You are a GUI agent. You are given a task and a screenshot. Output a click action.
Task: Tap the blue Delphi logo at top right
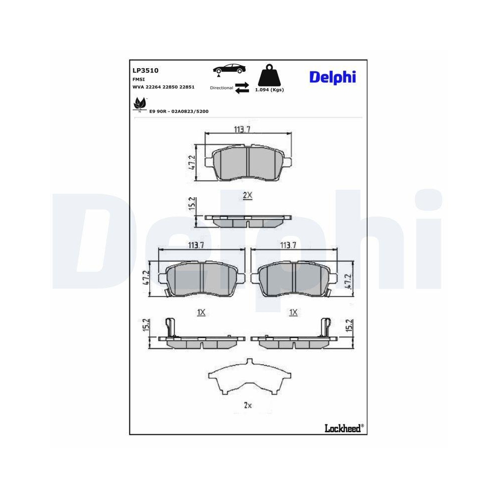(333, 77)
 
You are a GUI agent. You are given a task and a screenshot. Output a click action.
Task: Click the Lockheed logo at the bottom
(344, 427)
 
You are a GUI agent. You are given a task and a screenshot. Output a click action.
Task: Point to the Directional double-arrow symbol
(242, 87)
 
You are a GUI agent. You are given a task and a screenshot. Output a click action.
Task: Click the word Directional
(222, 88)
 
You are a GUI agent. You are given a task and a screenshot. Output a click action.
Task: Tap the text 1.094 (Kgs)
(269, 90)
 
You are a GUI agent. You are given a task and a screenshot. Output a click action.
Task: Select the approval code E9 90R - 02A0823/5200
(179, 112)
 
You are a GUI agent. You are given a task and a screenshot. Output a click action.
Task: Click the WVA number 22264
(153, 87)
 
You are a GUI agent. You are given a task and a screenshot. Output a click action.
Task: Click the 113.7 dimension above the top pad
(242, 129)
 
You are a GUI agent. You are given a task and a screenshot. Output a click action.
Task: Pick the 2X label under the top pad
(248, 196)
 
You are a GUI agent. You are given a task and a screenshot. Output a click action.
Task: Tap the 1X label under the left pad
(201, 312)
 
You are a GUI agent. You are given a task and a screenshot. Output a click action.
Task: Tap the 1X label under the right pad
(293, 312)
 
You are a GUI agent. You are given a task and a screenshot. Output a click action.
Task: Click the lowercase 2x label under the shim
(248, 405)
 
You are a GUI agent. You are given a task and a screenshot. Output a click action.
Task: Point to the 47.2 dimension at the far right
(349, 281)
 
